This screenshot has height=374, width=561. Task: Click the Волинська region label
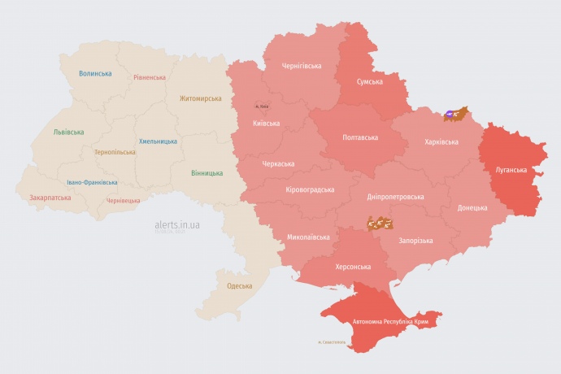pyautogui.click(x=95, y=73)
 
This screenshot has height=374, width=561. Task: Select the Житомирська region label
pyautogui.click(x=200, y=98)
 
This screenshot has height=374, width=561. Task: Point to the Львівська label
pyautogui.click(x=68, y=132)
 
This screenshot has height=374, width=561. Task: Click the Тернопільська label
pyautogui.click(x=115, y=152)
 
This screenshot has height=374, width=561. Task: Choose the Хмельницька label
pyautogui.click(x=158, y=141)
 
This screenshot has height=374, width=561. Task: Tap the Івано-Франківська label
pyautogui.click(x=92, y=182)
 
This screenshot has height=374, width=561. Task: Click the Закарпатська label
pyautogui.click(x=49, y=197)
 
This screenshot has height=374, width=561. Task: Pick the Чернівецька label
pyautogui.click(x=123, y=200)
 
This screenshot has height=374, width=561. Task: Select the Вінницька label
pyautogui.click(x=207, y=173)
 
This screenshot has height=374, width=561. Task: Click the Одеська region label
pyautogui.click(x=239, y=285)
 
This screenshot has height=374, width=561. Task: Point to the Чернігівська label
pyautogui.click(x=301, y=66)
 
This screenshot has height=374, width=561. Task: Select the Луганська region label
pyautogui.click(x=511, y=170)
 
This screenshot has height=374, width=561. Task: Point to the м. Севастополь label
pyautogui.click(x=331, y=341)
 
